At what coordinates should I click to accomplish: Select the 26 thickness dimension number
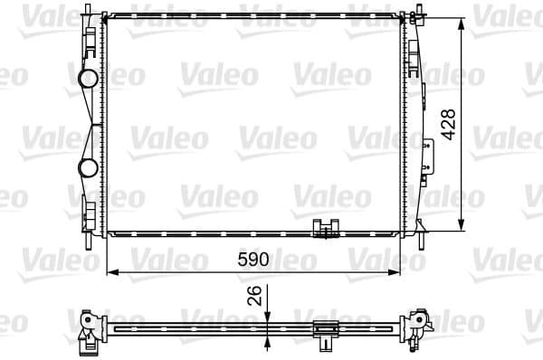pyautogui.click(x=256, y=295)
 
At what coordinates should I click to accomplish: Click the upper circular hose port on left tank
pyautogui.click(x=88, y=79)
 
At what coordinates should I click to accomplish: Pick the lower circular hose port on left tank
pyautogui.click(x=88, y=167)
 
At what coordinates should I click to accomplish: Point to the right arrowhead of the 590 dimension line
pyautogui.click(x=399, y=270)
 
